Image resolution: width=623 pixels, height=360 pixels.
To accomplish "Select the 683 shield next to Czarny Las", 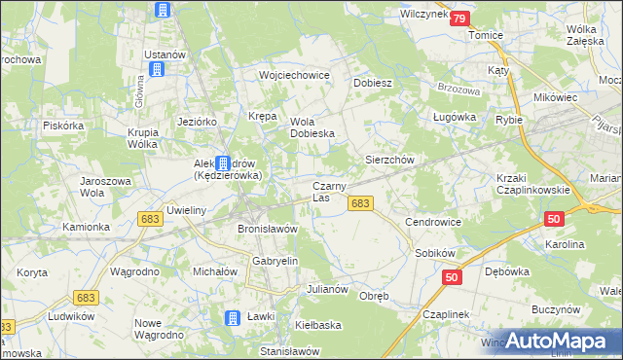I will point(360,202).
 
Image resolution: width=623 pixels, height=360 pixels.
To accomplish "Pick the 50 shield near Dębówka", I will point(451,278).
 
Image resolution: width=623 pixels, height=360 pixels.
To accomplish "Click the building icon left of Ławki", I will point(233,318).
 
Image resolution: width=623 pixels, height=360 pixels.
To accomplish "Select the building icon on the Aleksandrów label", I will point(224,163).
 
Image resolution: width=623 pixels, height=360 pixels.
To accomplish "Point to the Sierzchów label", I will point(390,159).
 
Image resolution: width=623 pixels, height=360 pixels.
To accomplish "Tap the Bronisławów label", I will point(267,229).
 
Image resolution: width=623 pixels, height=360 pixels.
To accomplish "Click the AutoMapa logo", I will point(555,340).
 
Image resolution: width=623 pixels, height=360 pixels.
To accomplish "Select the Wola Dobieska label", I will point(312,127).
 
